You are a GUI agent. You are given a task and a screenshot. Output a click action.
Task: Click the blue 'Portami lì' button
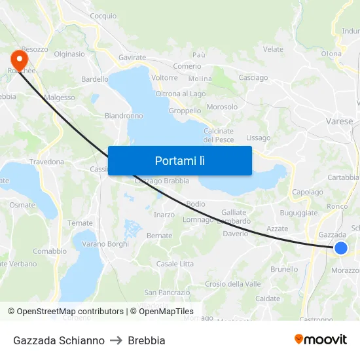(x=179, y=160)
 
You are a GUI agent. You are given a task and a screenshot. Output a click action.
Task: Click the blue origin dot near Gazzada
(x=340, y=247)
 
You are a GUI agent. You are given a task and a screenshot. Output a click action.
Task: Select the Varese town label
(x=339, y=121)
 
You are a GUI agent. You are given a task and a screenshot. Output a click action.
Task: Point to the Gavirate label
(x=132, y=58)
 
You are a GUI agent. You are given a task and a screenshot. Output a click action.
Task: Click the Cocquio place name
(x=103, y=16)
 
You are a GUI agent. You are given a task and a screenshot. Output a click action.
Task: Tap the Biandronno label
(x=124, y=116)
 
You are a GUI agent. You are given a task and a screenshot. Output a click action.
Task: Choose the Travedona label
(x=46, y=161)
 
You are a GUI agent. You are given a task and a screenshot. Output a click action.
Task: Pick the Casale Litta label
(x=175, y=264)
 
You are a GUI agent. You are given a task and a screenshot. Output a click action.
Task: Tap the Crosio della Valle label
(x=233, y=283)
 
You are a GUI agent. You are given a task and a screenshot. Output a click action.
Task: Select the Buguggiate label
(x=298, y=213)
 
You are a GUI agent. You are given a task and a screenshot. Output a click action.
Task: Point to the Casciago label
(x=253, y=77)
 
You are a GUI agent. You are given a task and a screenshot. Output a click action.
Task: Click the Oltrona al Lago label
(x=181, y=94)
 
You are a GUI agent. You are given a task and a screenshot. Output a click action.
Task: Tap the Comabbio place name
(x=50, y=251)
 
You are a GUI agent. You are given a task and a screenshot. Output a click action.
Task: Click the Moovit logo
(x=321, y=339)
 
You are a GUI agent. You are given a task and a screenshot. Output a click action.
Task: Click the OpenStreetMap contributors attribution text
(x=70, y=312)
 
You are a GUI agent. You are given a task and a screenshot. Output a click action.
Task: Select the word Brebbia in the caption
(x=147, y=340)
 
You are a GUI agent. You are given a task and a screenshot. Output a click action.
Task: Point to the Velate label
(x=273, y=49)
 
